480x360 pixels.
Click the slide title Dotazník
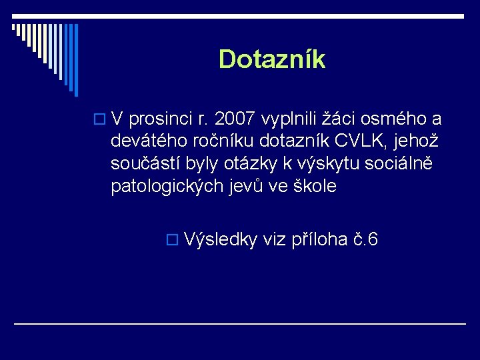[271, 59]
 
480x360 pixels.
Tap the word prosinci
[158, 119]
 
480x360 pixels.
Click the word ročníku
[223, 142]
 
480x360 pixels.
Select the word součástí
[147, 164]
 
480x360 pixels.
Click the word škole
[317, 187]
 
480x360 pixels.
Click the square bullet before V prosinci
[101, 120]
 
